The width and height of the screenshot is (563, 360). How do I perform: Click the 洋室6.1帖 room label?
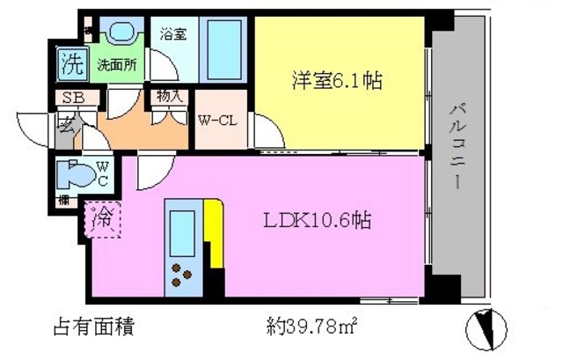(x=337, y=82)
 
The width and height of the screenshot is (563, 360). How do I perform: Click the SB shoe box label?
(x=72, y=99)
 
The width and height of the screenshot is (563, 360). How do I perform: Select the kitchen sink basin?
(x=183, y=230)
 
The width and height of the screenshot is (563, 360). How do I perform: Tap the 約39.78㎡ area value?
(x=311, y=329)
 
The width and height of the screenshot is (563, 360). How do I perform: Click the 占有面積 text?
(x=93, y=329)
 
